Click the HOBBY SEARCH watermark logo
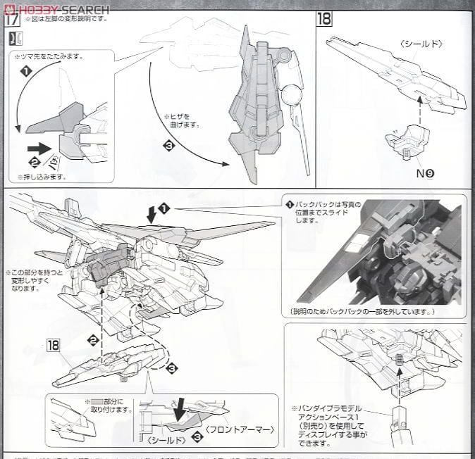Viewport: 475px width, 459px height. (56, 9)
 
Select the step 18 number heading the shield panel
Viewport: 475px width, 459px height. (324, 18)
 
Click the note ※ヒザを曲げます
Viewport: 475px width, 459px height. (182, 120)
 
